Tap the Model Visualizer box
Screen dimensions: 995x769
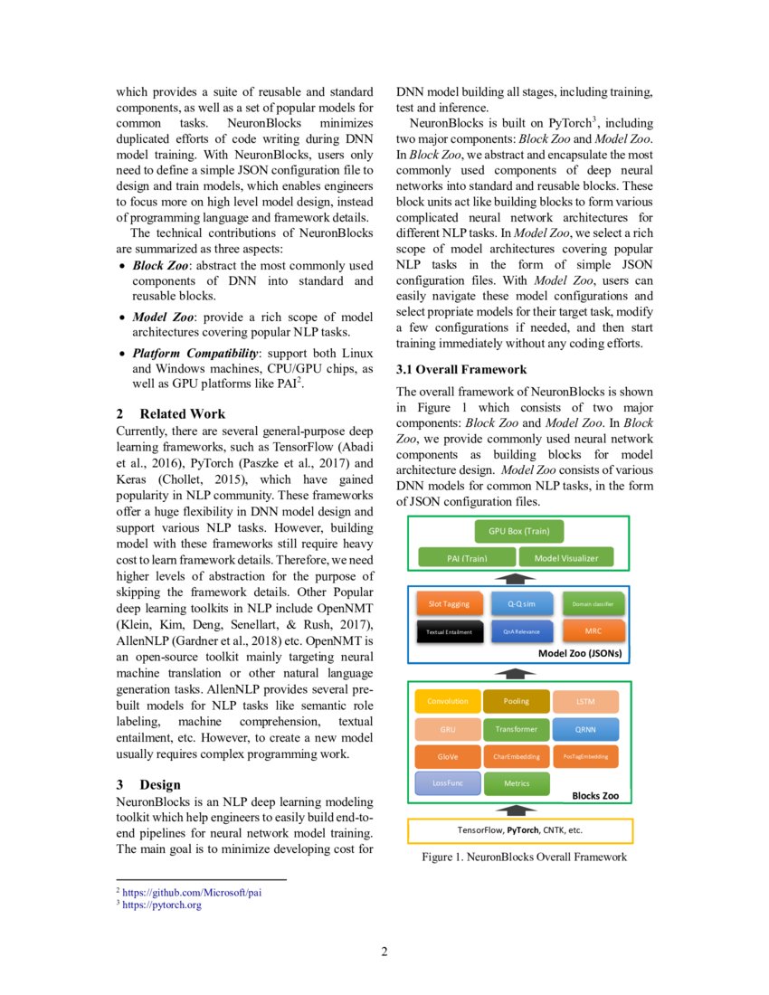(x=566, y=558)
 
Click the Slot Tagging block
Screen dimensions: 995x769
(x=449, y=603)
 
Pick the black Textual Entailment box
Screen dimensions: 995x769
(x=449, y=631)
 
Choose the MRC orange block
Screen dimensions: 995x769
(x=593, y=630)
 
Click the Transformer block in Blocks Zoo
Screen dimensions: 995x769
(x=516, y=729)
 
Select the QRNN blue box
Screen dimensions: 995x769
(x=585, y=729)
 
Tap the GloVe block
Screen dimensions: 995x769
(x=447, y=756)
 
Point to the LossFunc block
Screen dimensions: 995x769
(x=447, y=783)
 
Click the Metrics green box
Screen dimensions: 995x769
(x=516, y=783)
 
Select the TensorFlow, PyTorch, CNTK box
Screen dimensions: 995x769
(x=519, y=829)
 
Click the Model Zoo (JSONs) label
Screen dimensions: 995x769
(x=579, y=652)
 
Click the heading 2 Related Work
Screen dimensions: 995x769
(x=171, y=413)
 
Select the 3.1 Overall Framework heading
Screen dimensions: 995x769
(x=461, y=370)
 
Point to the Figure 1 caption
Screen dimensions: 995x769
(x=523, y=857)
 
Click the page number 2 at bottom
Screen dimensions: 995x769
(x=384, y=951)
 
